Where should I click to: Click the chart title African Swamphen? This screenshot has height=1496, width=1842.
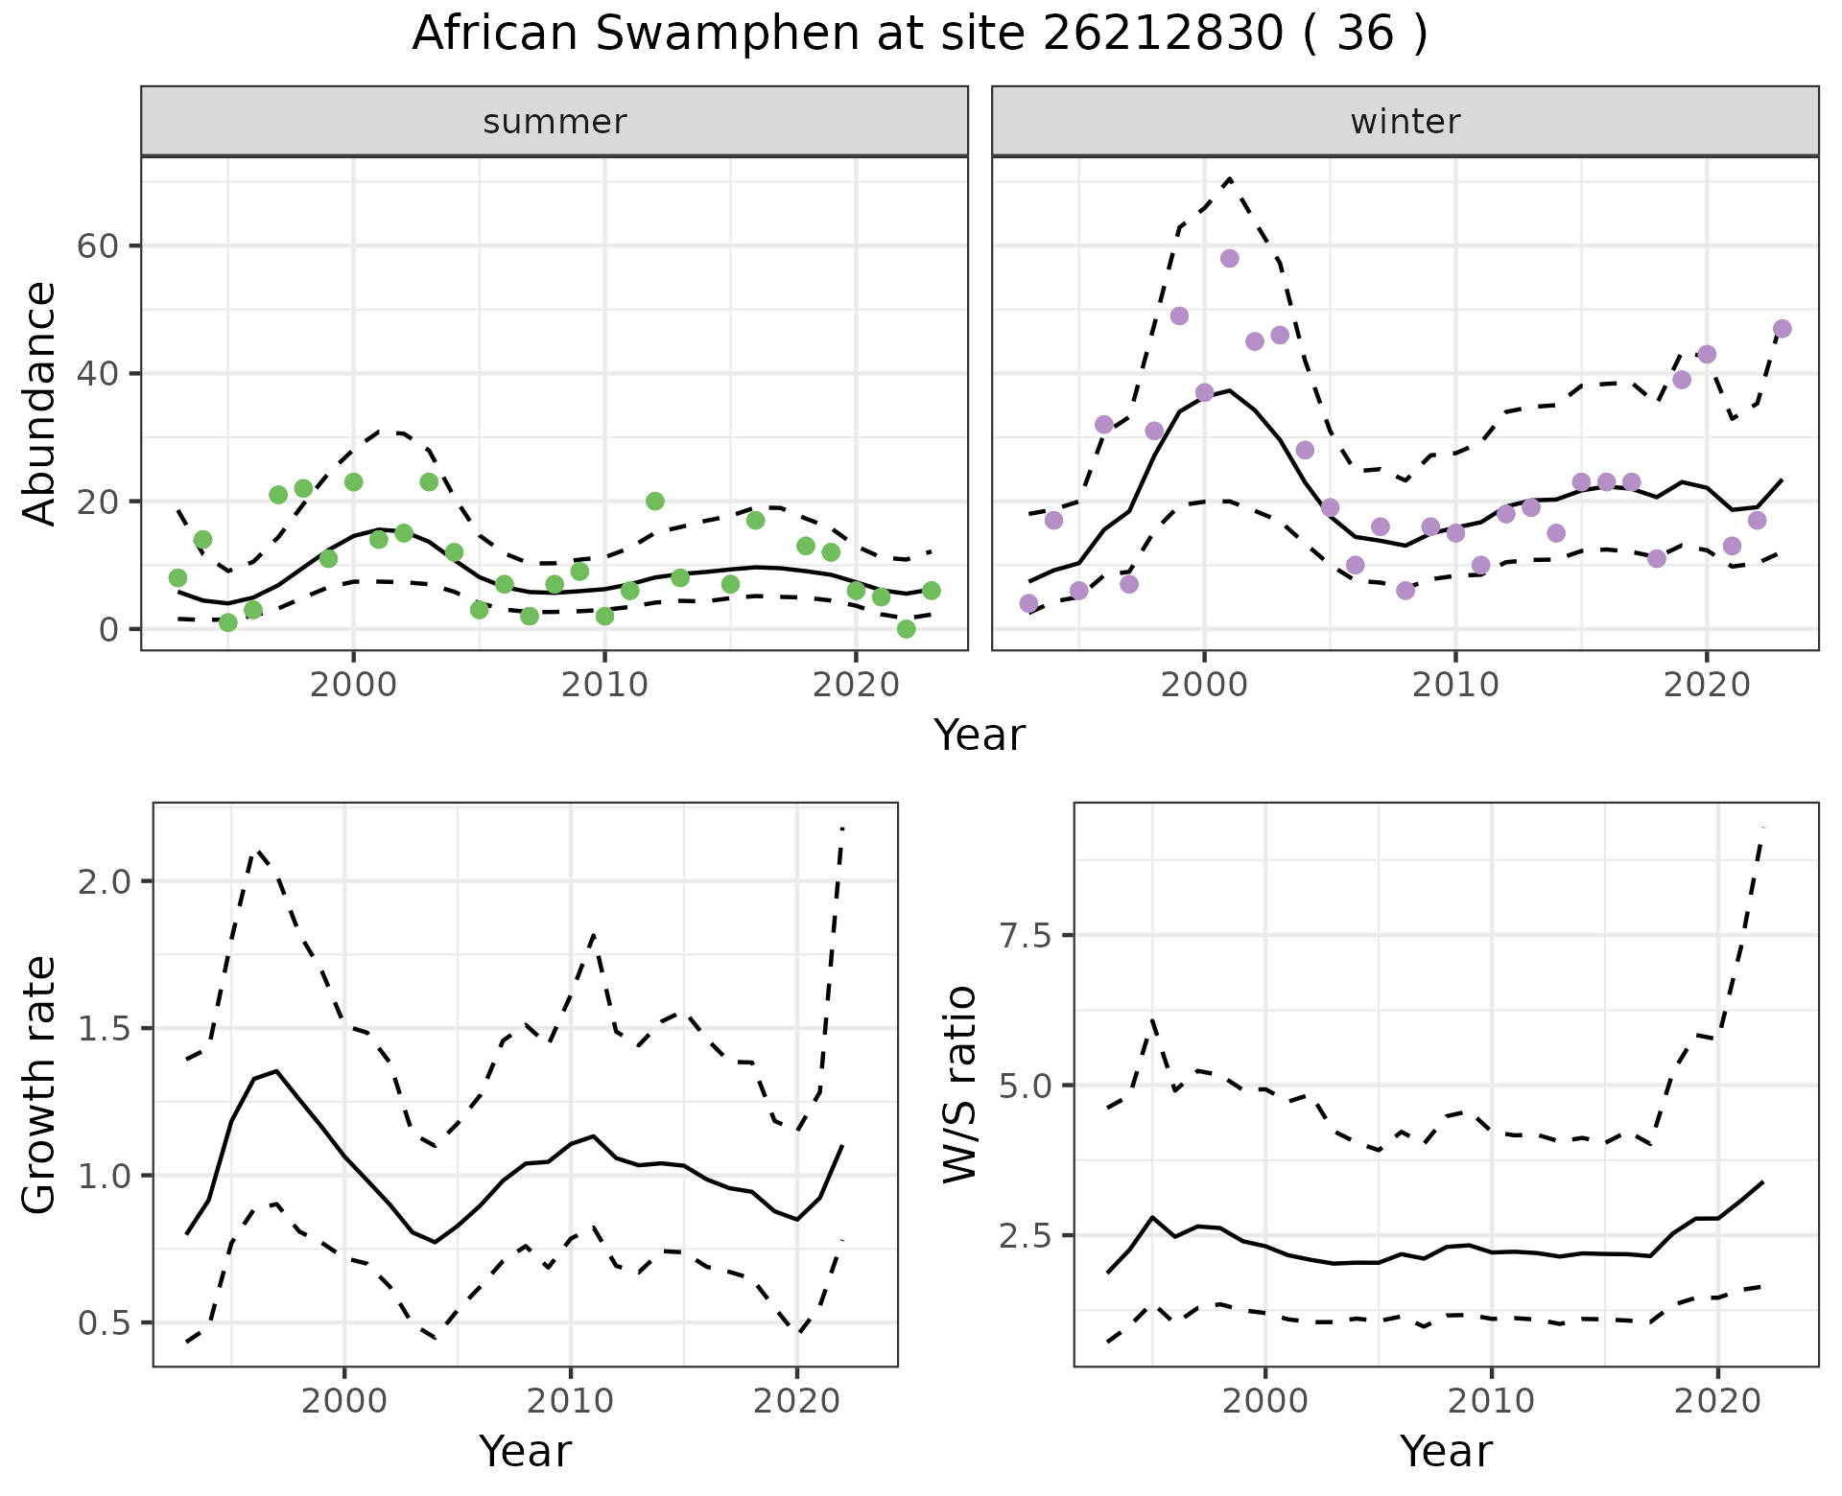919,35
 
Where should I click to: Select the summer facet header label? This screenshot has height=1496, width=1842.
555,122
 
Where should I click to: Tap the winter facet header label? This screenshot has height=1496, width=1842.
1405,122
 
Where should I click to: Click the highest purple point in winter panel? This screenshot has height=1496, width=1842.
1229,259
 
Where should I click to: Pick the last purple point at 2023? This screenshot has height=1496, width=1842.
1782,329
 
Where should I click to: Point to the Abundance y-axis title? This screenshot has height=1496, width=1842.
40,404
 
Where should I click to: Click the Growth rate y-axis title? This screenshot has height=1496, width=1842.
40,1085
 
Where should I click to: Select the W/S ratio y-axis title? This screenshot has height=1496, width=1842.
960,1085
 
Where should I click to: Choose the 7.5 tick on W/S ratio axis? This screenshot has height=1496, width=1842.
1027,936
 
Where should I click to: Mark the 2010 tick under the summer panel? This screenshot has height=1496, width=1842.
604,686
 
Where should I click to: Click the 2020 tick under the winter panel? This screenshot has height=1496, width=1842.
1706,686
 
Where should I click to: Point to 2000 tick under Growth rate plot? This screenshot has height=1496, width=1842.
344,1401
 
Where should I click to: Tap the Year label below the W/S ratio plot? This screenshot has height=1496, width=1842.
1446,1451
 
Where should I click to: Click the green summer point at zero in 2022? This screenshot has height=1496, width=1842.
906,629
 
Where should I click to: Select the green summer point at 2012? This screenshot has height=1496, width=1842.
655,502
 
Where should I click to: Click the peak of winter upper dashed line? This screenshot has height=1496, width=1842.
1229,179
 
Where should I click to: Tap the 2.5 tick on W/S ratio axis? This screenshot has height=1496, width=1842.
1027,1236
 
